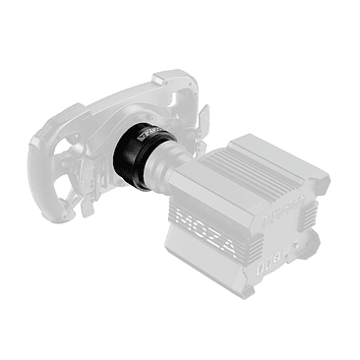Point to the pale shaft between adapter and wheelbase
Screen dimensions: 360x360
177,167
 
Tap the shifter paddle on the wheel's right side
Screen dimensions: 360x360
206,118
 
